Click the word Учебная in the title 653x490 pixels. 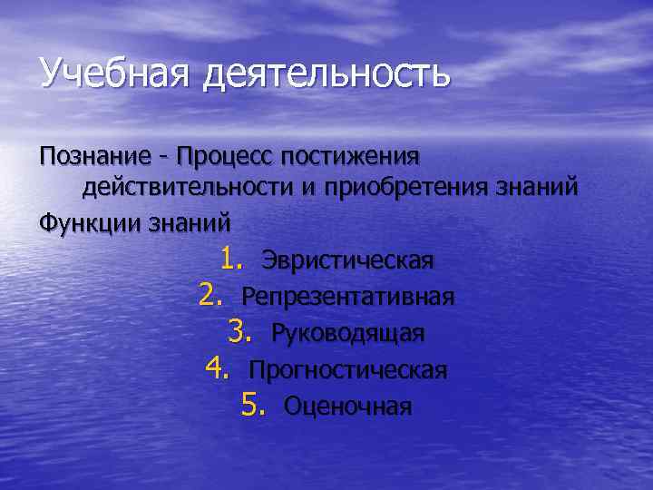click(x=112, y=73)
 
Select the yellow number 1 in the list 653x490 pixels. click(x=229, y=260)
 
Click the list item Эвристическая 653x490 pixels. click(x=347, y=261)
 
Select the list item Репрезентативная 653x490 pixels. click(x=347, y=297)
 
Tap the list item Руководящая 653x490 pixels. click(x=347, y=333)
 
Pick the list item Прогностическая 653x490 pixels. click(x=347, y=369)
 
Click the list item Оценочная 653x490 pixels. click(x=347, y=406)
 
